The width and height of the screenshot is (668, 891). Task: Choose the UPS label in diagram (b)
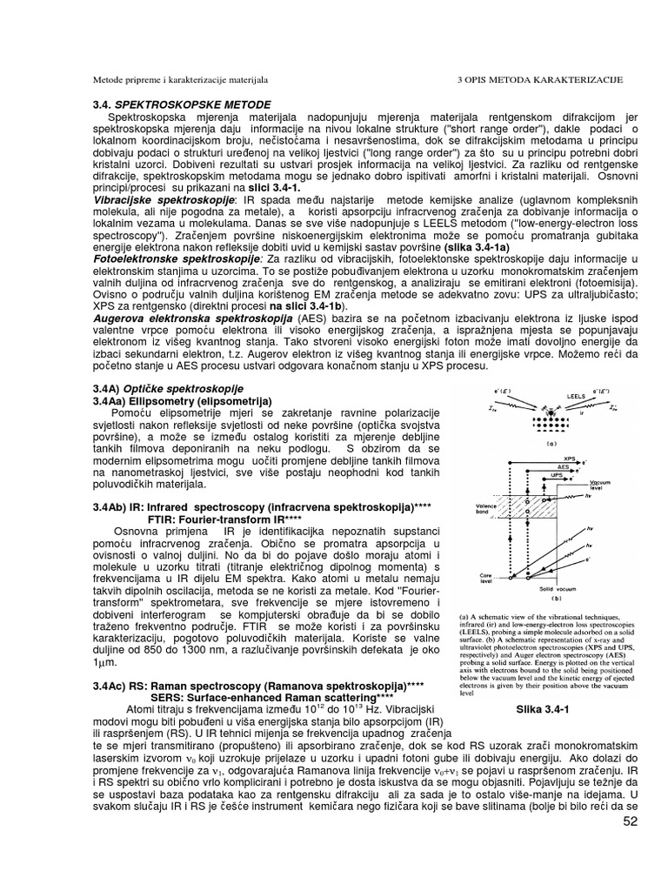547,476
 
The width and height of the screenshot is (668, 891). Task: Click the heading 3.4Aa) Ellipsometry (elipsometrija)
182,399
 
